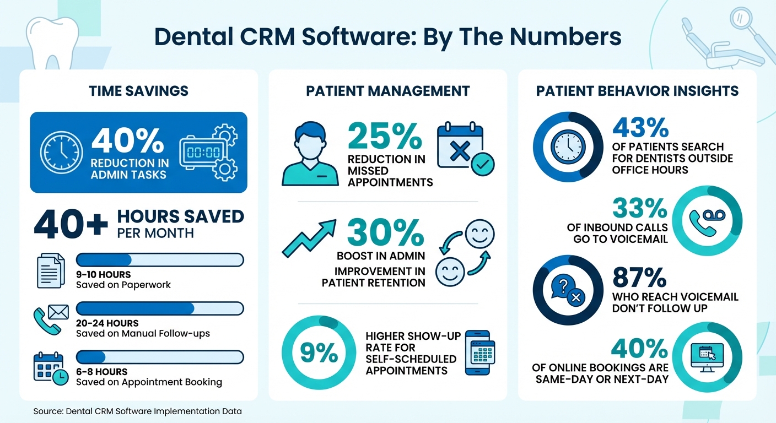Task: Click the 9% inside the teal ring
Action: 318,353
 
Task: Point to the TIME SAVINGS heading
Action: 138,91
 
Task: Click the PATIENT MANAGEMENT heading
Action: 387,91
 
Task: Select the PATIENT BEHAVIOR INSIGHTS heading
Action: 637,91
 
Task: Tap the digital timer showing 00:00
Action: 203,151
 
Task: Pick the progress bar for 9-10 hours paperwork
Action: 159,260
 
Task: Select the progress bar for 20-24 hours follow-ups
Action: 159,308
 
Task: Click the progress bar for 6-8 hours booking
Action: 159,357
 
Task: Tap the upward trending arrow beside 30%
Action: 309,237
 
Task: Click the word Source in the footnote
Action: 47,411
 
